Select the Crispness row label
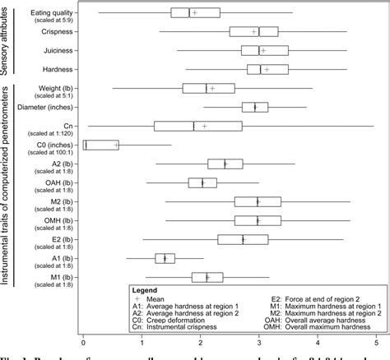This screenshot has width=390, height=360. [x=56, y=31]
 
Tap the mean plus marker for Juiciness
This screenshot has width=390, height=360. [x=263, y=50]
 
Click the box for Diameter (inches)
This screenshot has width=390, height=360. [x=254, y=107]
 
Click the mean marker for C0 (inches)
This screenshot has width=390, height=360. [x=116, y=145]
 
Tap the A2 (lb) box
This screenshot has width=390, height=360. [x=225, y=164]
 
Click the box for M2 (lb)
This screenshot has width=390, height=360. [x=258, y=201]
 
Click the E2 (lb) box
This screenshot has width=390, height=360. [x=243, y=239]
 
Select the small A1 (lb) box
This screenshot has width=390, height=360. [x=165, y=258]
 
